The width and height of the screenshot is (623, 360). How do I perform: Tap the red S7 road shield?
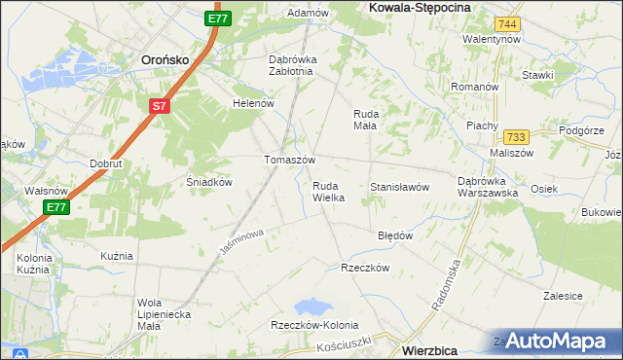(x=160, y=106)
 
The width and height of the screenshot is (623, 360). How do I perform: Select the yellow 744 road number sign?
(x=505, y=23)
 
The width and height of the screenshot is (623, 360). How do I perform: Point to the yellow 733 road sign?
(x=516, y=138)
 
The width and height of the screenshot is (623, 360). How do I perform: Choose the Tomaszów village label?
(x=290, y=160)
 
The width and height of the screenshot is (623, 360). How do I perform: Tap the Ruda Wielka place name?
(x=328, y=191)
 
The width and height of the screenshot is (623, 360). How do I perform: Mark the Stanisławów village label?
(x=400, y=187)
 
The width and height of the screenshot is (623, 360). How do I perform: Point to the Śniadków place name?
(x=207, y=182)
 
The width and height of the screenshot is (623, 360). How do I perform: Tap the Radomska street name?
(x=447, y=283)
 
